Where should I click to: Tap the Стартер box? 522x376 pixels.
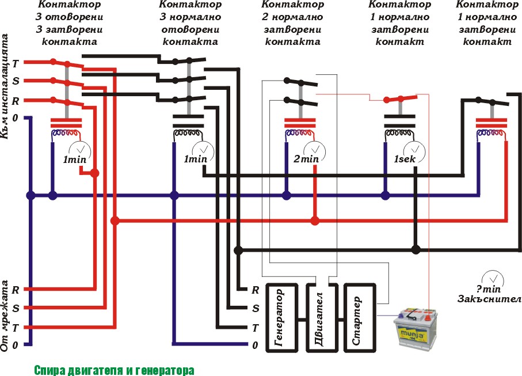tap(357, 317)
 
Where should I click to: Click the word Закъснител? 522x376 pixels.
tap(489, 299)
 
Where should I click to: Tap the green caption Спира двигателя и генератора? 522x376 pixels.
tap(114, 369)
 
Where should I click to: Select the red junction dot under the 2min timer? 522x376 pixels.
tap(315, 221)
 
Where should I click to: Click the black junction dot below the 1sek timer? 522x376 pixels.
tap(416, 250)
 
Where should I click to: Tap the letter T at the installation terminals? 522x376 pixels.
tap(16, 63)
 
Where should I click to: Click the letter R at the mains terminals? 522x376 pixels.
tap(16, 289)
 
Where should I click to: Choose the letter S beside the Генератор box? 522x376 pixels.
tap(256, 308)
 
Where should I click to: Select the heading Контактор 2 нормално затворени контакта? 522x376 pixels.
tap(292, 23)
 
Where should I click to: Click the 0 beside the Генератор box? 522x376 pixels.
tap(255, 345)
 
